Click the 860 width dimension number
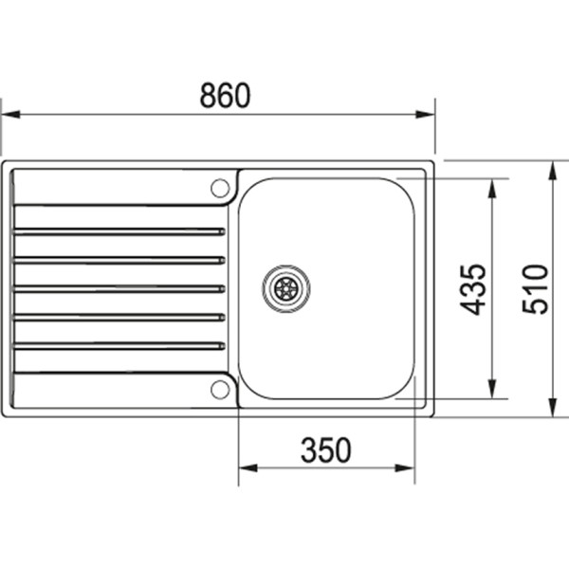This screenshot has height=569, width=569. point(225,96)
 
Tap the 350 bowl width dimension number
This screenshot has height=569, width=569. point(325,450)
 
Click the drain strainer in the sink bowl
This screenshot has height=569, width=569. point(285,285)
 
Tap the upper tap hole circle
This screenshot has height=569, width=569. point(220,187)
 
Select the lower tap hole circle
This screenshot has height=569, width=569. point(220,387)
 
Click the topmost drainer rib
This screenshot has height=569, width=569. point(119,230)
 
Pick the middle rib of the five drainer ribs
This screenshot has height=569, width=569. point(119,288)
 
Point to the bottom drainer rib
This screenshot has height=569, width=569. point(119,345)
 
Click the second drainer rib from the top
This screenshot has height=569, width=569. point(119,259)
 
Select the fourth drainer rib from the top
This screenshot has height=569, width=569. point(119,317)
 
